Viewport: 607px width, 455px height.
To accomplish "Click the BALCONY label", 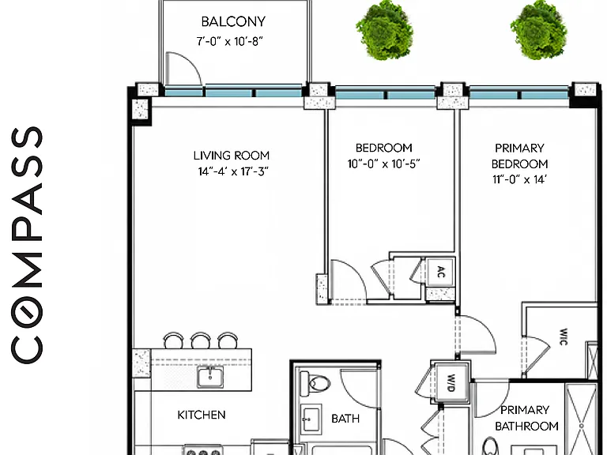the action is pyautogui.click(x=233, y=21).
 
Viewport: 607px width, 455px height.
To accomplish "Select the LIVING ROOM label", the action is pyautogui.click(x=232, y=156).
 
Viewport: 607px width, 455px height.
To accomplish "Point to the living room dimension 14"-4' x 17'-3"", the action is pyautogui.click(x=233, y=171).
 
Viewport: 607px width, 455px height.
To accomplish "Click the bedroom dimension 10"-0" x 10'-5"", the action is pyautogui.click(x=383, y=164).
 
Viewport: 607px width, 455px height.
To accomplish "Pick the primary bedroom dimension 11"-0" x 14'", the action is pyautogui.click(x=519, y=179).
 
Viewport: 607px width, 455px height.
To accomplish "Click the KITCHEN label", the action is pyautogui.click(x=202, y=415).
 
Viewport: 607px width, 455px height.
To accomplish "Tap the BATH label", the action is pyautogui.click(x=345, y=418).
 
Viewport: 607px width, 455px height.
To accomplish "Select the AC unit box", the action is pyautogui.click(x=439, y=273).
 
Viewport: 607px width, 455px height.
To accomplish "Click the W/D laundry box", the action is pyautogui.click(x=451, y=382).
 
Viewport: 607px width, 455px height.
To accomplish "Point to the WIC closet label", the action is pyautogui.click(x=564, y=337).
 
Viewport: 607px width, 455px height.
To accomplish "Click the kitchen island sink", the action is pyautogui.click(x=209, y=377).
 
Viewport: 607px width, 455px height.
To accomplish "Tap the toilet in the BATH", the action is pyautogui.click(x=315, y=383).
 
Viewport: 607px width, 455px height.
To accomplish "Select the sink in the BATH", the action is pyautogui.click(x=311, y=419).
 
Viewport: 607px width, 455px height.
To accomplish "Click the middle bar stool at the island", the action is pyautogui.click(x=201, y=341).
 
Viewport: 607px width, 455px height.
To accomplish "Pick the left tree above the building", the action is pyautogui.click(x=384, y=30).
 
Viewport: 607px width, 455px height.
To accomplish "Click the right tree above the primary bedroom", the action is pyautogui.click(x=539, y=30).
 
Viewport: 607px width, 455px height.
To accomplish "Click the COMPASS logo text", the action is pyautogui.click(x=26, y=245).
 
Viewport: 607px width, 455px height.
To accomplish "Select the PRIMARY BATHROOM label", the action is pyautogui.click(x=526, y=418).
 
